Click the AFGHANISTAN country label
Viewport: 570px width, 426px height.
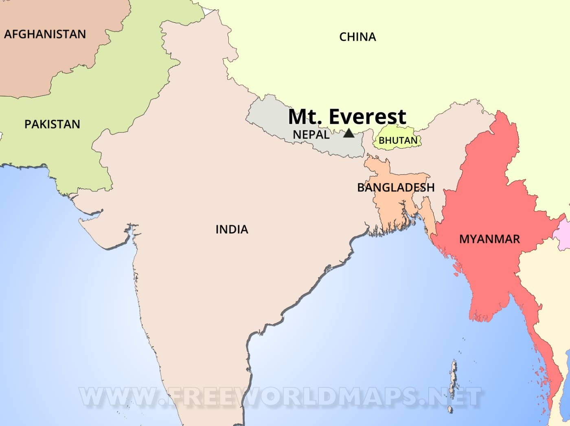click(45, 34)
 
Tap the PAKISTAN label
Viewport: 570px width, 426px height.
click(52, 124)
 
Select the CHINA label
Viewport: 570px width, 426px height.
click(357, 37)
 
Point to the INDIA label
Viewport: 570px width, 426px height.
click(232, 230)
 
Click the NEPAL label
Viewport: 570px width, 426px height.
click(311, 135)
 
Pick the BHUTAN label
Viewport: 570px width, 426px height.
click(398, 141)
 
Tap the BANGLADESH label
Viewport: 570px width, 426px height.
click(396, 188)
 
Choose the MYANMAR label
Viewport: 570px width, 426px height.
click(489, 239)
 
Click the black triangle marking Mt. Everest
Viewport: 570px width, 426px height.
click(349, 133)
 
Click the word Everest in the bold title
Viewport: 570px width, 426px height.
click(367, 117)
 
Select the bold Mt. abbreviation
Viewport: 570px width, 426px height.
click(305, 117)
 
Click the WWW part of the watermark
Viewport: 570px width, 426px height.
click(118, 397)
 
